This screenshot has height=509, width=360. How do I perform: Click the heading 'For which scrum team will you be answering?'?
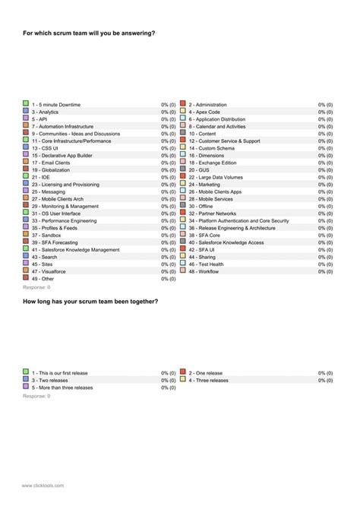pos(90,33)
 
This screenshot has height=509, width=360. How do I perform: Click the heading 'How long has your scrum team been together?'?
pos(90,302)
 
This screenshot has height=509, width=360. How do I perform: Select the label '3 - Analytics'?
pos(45,112)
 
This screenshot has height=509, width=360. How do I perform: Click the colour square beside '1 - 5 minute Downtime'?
pos(26,103)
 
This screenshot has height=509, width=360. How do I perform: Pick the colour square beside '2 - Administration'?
pos(183,103)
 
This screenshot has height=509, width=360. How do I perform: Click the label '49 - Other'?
pos(43,279)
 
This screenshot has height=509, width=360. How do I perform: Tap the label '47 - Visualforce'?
pos(49,271)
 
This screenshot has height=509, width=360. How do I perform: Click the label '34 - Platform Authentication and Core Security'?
pos(238,220)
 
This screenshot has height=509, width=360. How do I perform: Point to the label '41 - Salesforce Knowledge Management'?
pos(75,249)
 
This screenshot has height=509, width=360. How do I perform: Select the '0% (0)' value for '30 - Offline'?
pos(325,206)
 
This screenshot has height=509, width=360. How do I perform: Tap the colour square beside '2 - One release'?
pos(183,372)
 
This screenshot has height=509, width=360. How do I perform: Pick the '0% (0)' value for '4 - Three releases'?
pos(325,380)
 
